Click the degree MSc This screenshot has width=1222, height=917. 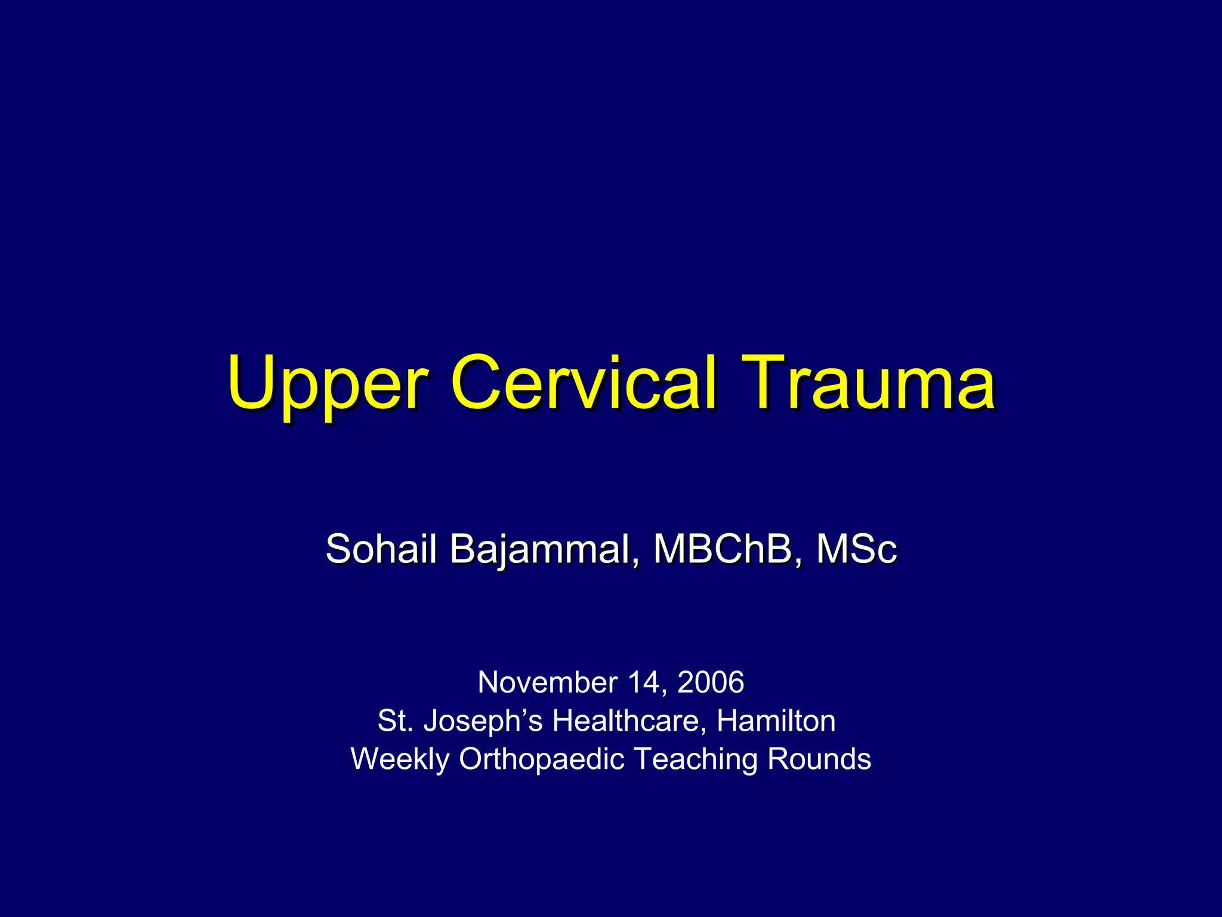(856, 549)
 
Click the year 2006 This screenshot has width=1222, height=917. (711, 682)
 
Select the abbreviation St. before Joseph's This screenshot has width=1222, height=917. (395, 721)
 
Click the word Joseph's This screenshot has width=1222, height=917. (483, 722)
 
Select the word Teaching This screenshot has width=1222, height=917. (695, 760)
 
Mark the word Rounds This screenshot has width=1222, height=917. (819, 759)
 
